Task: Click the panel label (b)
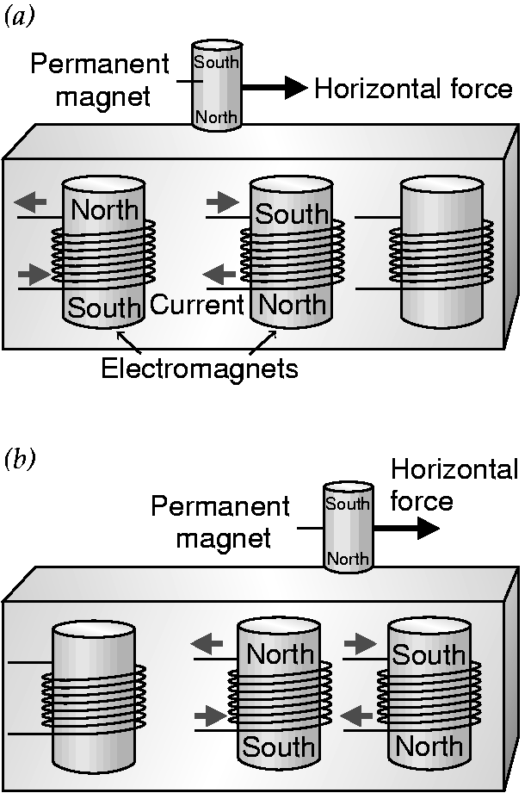tap(19, 461)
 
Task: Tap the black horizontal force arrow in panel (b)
tap(405, 528)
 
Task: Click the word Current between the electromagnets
tap(198, 305)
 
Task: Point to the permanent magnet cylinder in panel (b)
tap(348, 527)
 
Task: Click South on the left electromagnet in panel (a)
tap(103, 307)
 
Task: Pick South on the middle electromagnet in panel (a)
tap(292, 214)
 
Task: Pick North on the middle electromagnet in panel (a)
tap(293, 304)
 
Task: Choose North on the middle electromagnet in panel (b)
tap(281, 654)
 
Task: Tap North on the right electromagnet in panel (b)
tap(429, 746)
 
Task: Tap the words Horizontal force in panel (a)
tap(413, 88)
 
